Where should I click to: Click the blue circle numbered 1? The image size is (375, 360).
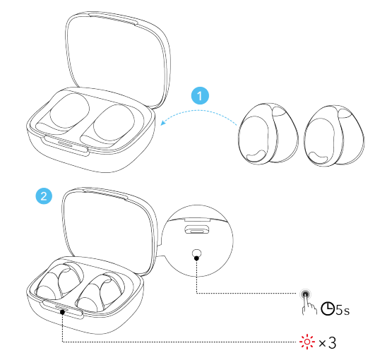(x=200, y=95)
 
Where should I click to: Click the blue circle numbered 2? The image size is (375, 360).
(x=44, y=196)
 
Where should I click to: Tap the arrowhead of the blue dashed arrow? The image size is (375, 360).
(x=163, y=123)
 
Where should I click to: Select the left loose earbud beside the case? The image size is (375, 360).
(x=268, y=134)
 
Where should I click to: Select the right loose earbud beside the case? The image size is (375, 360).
(x=334, y=136)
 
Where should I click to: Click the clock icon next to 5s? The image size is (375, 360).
(x=328, y=308)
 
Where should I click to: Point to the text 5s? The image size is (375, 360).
(x=343, y=310)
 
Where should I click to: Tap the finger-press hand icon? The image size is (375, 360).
(x=308, y=302)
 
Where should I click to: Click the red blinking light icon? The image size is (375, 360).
(x=307, y=342)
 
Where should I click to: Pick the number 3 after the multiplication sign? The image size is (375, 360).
(x=332, y=342)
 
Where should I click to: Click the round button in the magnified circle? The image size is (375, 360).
(x=196, y=253)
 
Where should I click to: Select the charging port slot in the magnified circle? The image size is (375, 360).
(x=196, y=229)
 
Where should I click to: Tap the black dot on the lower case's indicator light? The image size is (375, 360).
(x=62, y=312)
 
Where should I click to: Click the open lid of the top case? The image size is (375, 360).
(x=118, y=60)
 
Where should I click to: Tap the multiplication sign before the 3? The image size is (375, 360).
(x=322, y=344)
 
